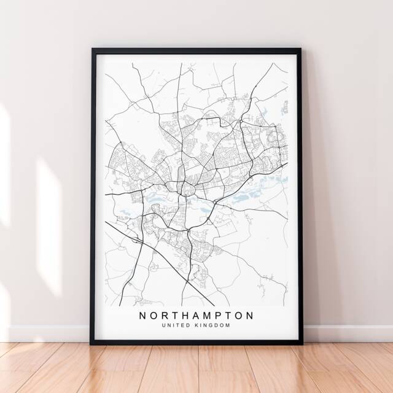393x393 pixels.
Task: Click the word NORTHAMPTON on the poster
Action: tap(196, 315)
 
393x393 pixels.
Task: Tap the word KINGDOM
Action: tap(212, 325)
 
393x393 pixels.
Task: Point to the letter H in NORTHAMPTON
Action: tap(180, 315)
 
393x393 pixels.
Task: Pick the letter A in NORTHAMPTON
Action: tap(192, 315)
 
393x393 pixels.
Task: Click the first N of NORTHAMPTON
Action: tap(143, 315)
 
